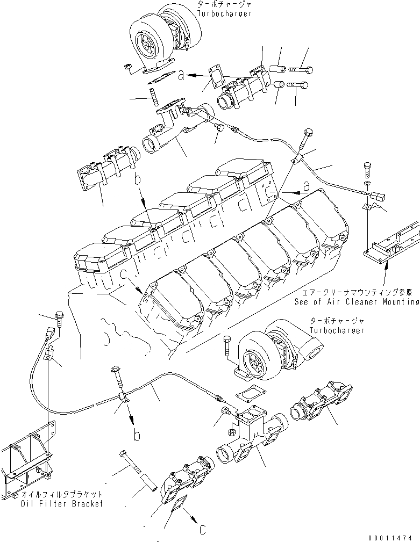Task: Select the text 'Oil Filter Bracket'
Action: point(61,504)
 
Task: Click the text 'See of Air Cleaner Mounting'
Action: point(356,302)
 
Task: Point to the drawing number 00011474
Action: point(391,536)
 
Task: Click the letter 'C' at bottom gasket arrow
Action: point(202,529)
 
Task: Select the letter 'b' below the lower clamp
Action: point(138,435)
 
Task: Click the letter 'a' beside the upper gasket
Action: point(182,76)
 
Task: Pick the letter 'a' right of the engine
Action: point(305,186)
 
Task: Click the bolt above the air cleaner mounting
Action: point(367,169)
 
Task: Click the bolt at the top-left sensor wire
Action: point(59,320)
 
